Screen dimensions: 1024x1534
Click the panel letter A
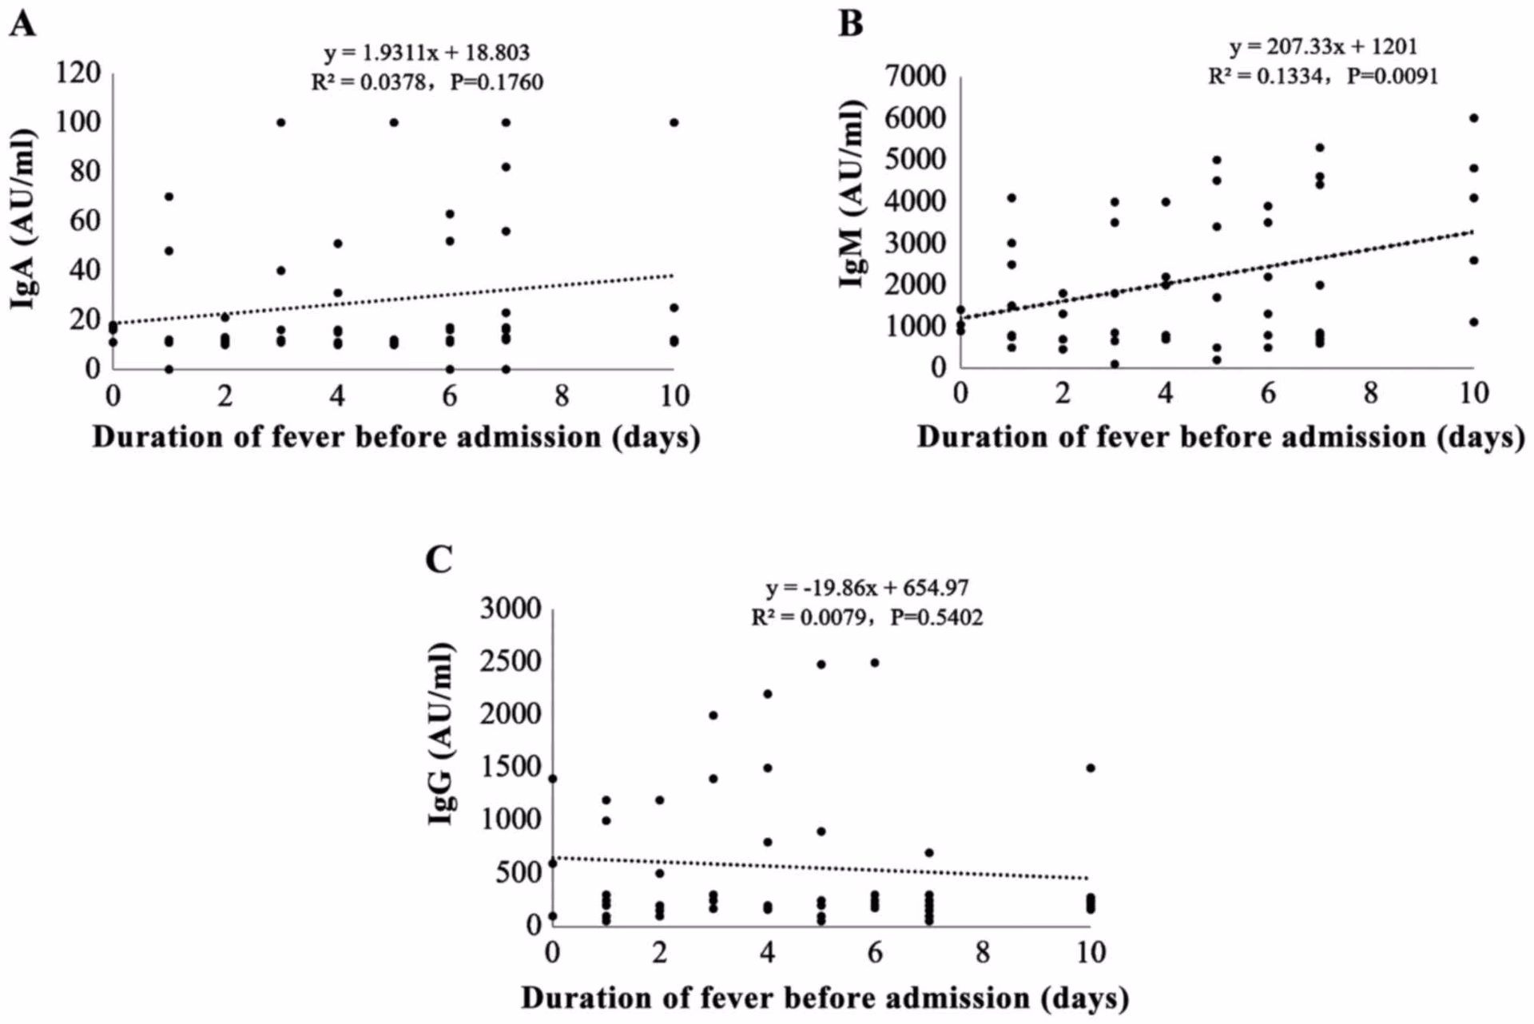pos(22,24)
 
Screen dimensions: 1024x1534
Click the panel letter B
pos(851,24)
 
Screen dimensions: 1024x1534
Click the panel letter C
pos(439,559)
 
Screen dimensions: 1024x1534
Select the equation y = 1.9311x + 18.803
pos(427,53)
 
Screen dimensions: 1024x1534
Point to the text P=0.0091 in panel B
pos(1392,77)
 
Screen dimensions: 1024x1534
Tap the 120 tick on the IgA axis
pos(77,73)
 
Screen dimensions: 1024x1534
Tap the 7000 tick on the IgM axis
pos(916,76)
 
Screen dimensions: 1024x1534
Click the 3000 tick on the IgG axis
pos(511,609)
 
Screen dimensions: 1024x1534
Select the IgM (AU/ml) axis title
pos(852,193)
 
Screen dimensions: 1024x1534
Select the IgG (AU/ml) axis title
pos(441,733)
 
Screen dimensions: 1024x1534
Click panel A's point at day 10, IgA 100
pos(674,122)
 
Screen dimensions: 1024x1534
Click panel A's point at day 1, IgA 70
pos(169,196)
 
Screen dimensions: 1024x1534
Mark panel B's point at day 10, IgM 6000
pos(1474,118)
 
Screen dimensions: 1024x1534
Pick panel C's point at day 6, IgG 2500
pos(875,663)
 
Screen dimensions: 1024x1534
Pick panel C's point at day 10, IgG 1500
pos(1091,768)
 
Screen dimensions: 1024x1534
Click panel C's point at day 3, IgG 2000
pos(713,716)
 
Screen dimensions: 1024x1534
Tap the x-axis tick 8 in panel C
pos(982,952)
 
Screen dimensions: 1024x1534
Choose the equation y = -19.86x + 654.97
pos(867,588)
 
